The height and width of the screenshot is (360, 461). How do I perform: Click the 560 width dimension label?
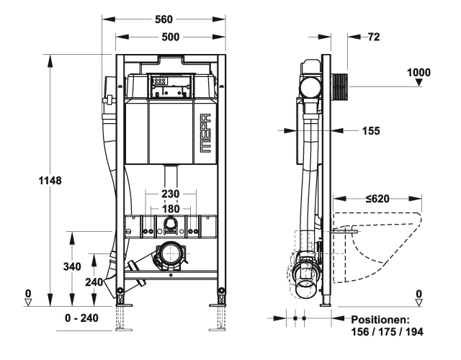point(164,19)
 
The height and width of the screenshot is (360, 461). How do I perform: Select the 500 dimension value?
point(170,37)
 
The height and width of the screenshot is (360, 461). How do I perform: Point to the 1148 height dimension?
point(50,181)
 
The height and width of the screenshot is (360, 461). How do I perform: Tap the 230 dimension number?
point(170,194)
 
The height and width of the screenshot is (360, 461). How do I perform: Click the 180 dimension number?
point(171,209)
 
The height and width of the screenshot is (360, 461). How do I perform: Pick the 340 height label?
point(72,266)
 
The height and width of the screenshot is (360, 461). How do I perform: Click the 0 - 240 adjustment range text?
point(81,318)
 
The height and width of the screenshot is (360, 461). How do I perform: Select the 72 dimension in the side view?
point(374,37)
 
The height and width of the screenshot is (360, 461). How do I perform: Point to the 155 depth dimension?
point(371,131)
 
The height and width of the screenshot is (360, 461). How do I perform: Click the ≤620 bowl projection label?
point(377,199)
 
